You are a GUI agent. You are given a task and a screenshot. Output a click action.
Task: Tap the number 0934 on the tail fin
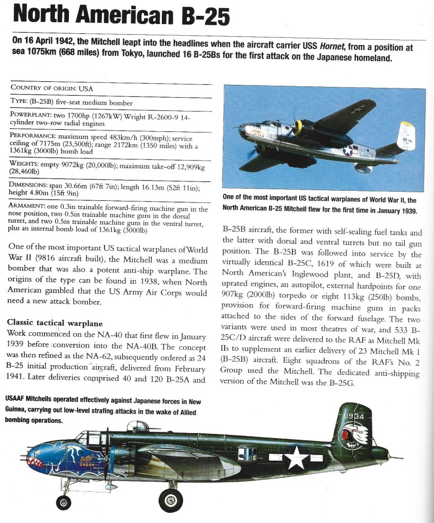click(353, 417)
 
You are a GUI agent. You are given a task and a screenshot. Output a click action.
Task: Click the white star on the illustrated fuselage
click(296, 458)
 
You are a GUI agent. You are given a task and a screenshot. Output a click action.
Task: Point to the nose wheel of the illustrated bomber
click(64, 502)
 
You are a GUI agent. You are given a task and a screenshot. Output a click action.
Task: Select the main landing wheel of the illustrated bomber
click(171, 498)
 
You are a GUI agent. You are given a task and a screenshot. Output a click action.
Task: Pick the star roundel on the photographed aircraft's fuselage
click(348, 150)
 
